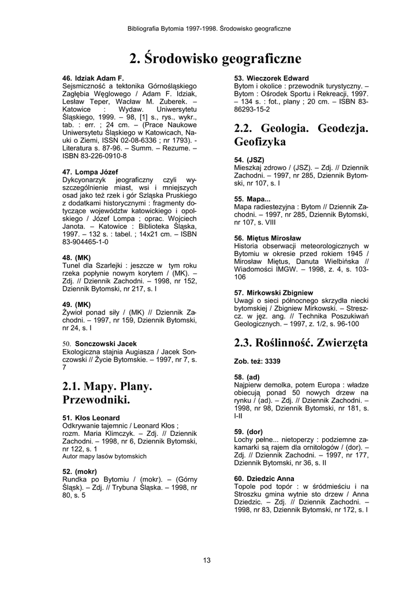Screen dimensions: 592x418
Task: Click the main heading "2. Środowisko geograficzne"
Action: coord(215,59)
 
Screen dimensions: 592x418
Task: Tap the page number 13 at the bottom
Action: coord(207,559)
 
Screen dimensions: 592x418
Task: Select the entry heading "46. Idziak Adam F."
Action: coord(93,77)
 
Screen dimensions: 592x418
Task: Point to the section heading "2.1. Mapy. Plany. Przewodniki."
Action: coord(107,393)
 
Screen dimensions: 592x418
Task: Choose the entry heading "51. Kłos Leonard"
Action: coord(91,417)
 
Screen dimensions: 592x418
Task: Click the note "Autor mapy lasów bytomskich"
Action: coord(104,456)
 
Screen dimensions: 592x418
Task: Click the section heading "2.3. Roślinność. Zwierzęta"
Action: coord(301,343)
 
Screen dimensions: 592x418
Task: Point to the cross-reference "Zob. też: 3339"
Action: coord(257,361)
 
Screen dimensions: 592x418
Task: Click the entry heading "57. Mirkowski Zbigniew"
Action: coord(274,293)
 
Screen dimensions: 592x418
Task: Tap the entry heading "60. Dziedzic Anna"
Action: coord(264,479)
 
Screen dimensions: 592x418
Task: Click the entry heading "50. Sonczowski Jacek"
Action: coord(99,343)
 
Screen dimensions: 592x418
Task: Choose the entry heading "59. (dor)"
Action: coord(248,431)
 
